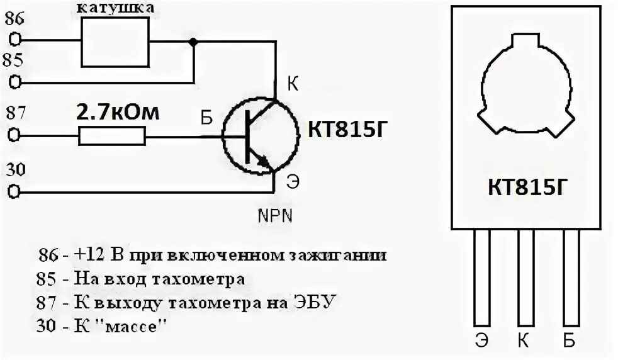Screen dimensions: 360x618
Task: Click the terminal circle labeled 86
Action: point(17,40)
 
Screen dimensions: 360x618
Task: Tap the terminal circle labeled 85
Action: point(17,82)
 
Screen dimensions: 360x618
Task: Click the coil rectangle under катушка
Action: point(116,42)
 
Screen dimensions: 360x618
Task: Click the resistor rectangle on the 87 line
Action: point(112,136)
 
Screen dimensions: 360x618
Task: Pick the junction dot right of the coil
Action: point(193,42)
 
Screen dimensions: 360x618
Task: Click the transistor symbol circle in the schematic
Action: point(259,136)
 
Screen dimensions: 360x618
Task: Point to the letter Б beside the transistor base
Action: point(206,118)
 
